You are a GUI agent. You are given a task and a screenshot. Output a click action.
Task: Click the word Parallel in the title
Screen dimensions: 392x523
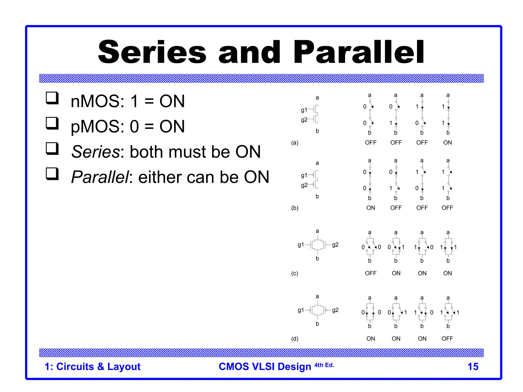(x=359, y=52)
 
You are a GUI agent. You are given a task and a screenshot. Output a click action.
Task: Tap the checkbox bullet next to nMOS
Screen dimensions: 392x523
(x=52, y=98)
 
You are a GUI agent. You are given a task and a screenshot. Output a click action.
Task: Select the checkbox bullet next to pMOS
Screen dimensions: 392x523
(x=52, y=123)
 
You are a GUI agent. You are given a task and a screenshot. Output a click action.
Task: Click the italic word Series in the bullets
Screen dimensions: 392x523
(x=95, y=152)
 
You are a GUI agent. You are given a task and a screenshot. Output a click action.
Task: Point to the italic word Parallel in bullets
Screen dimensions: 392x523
(x=100, y=177)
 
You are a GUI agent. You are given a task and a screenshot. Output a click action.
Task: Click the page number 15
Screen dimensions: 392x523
(x=473, y=367)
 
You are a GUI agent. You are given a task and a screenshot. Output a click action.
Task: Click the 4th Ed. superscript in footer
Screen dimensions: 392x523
(x=324, y=365)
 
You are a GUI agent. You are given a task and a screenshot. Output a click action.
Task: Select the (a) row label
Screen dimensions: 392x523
(x=295, y=143)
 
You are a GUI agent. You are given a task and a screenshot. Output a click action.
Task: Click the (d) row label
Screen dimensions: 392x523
(x=295, y=339)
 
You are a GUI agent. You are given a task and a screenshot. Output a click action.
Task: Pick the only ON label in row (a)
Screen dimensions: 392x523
(x=447, y=143)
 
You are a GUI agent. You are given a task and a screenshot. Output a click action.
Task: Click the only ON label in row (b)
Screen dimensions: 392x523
(x=371, y=208)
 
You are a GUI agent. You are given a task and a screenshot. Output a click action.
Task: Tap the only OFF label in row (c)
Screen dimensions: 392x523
(x=371, y=273)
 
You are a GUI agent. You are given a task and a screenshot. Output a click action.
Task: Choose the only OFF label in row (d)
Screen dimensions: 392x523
(x=447, y=339)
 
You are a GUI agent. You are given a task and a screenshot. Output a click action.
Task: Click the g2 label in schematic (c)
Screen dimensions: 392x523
(x=335, y=245)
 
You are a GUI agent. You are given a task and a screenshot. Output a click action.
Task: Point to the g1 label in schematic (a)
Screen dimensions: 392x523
(x=304, y=110)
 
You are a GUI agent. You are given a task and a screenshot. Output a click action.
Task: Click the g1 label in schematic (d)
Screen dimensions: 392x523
(x=301, y=310)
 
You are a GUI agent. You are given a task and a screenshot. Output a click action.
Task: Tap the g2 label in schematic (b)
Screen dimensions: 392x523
(x=304, y=185)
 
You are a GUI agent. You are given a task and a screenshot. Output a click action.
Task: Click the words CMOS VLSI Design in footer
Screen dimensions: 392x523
(x=265, y=367)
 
